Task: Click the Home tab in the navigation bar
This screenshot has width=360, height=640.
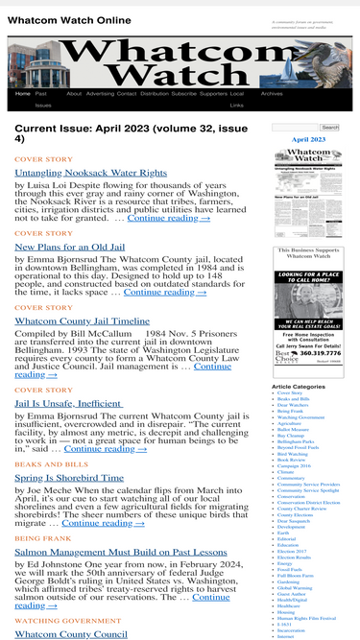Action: click(x=23, y=94)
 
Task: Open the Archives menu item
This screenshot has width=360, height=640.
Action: click(x=272, y=94)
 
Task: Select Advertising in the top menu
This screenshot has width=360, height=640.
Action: click(x=100, y=94)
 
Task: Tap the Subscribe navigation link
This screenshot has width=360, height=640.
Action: click(x=183, y=94)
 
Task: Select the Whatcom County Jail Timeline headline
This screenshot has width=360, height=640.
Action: click(x=83, y=320)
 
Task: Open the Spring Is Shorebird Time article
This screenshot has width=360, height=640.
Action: click(x=70, y=477)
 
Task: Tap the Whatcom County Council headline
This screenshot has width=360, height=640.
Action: click(x=71, y=634)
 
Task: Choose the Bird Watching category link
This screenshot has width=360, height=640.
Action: click(x=293, y=453)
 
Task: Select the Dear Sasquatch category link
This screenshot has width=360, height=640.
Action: click(x=295, y=521)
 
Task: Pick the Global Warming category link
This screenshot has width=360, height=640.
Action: click(x=295, y=587)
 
